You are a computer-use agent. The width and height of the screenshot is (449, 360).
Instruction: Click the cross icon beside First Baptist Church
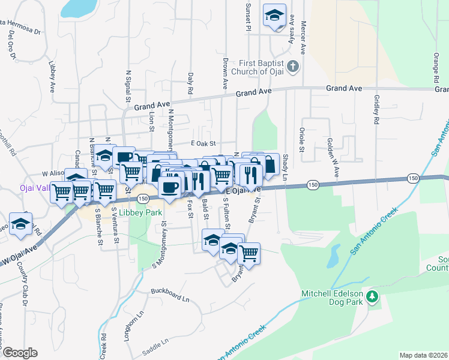(x=292, y=66)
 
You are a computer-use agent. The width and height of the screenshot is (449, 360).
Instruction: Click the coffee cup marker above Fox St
(x=170, y=186)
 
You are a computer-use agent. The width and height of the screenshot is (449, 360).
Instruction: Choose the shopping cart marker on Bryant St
(x=249, y=252)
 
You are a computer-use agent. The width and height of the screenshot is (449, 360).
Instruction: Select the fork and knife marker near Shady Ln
(x=249, y=174)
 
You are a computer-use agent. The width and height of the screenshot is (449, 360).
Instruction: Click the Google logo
(x=20, y=353)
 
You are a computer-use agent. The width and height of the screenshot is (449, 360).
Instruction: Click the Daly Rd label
(x=190, y=83)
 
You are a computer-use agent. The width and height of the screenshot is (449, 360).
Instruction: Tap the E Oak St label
(x=203, y=143)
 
